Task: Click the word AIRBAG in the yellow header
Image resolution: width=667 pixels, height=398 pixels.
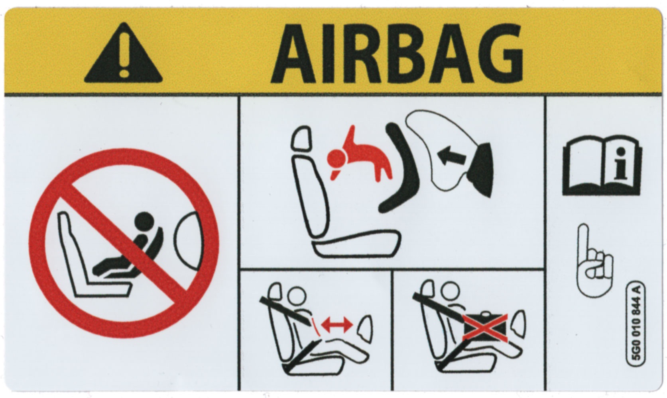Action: click(397, 53)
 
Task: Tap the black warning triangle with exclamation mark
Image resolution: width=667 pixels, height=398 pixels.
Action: click(123, 53)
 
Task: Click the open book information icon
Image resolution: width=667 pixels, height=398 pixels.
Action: click(602, 166)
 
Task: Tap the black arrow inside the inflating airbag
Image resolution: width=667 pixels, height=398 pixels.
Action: click(451, 156)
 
